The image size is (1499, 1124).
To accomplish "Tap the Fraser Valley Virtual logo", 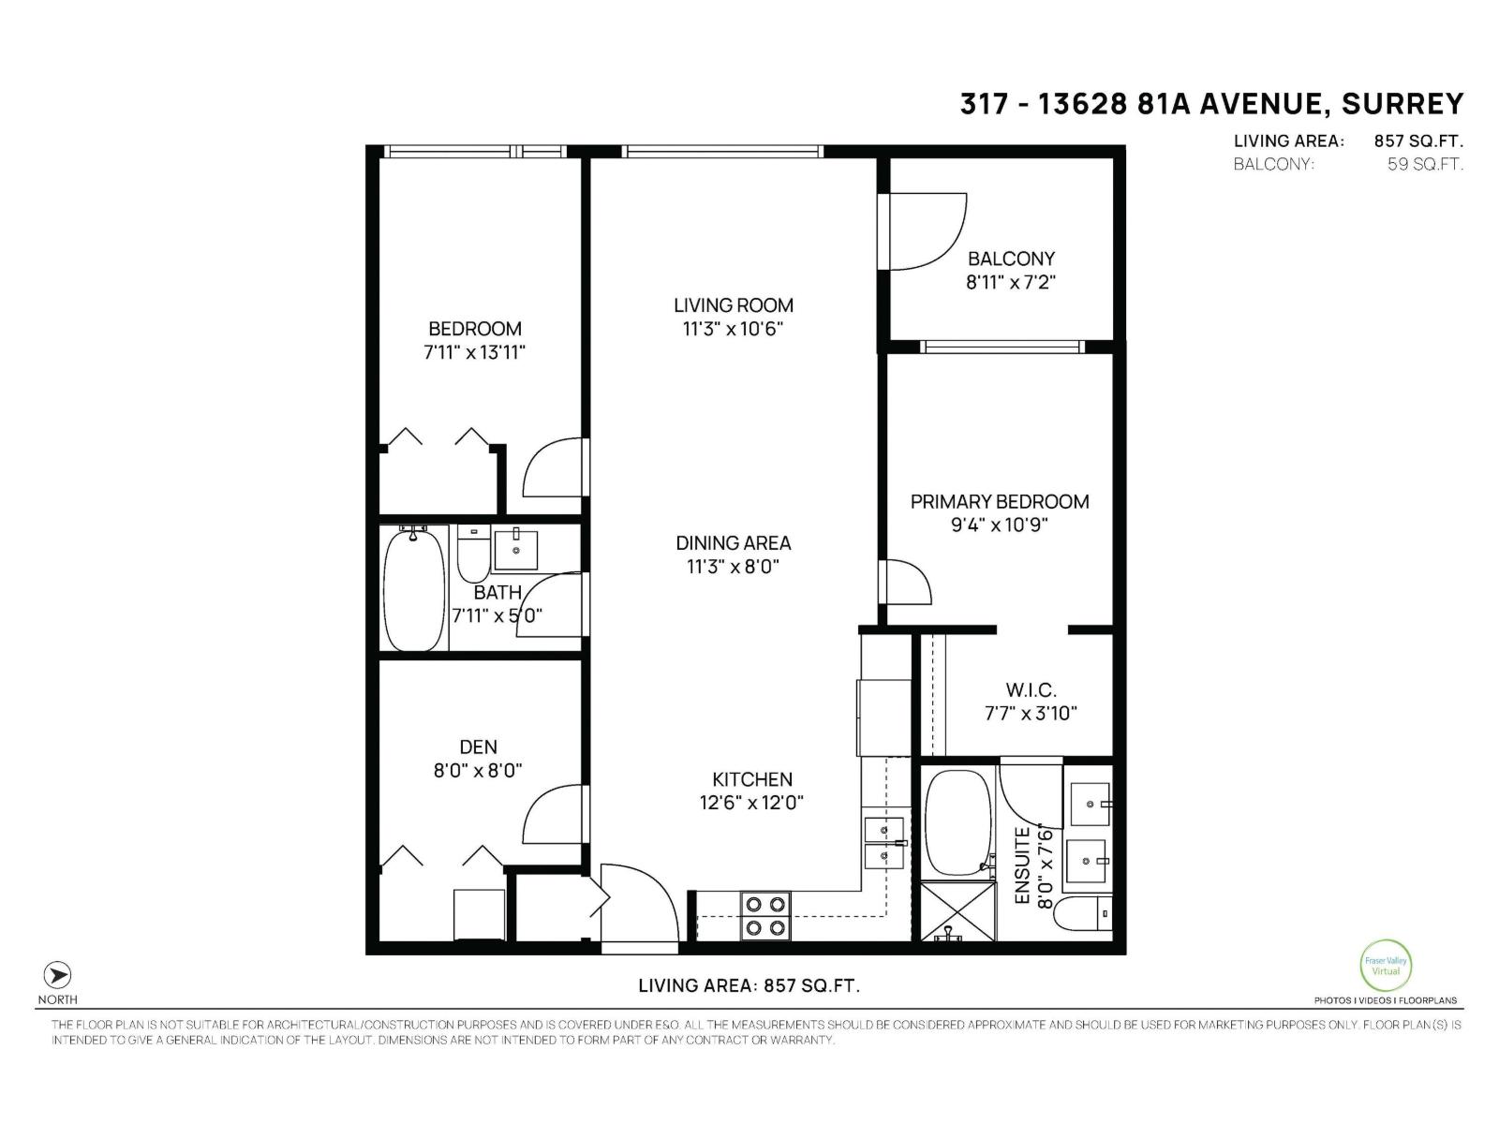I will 1385,965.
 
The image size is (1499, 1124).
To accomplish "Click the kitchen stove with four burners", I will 765,916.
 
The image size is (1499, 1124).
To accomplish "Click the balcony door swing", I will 923,231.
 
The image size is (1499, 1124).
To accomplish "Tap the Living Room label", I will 733,305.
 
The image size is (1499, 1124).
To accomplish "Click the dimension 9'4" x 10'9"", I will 999,525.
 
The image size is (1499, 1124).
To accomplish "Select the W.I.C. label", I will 1031,690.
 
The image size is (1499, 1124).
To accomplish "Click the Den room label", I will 478,747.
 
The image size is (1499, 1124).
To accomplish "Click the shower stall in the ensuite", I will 948,910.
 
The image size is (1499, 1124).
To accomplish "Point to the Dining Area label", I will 733,543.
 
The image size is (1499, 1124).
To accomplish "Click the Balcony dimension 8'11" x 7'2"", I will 1011,282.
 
